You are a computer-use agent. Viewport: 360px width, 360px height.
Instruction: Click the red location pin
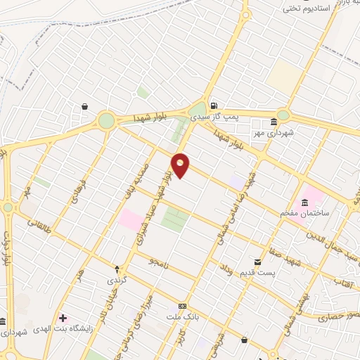[x=181, y=165]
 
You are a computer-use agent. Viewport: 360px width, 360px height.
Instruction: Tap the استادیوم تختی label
[x=310, y=9]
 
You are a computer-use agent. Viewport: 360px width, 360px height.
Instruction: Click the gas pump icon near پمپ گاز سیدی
[x=213, y=105]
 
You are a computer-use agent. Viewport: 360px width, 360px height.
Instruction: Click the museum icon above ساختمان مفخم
[x=304, y=203]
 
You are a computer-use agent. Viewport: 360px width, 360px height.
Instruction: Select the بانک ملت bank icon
[x=183, y=307]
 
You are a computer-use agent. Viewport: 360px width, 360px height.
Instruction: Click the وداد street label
[x=226, y=267]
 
